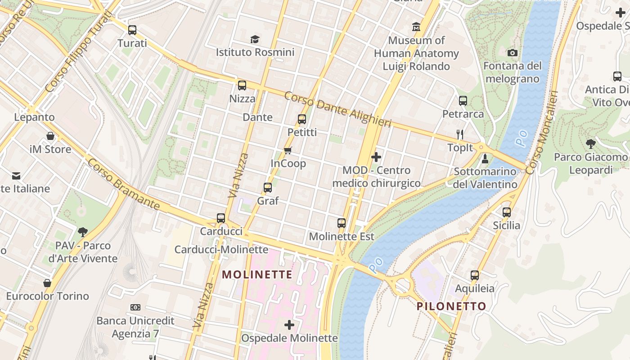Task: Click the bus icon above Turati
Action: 132,30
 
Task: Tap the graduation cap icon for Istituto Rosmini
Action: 255,39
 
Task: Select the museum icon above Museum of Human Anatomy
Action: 416,27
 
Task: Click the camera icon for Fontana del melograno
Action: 512,53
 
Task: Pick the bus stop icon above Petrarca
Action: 463,101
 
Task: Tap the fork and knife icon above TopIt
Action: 460,134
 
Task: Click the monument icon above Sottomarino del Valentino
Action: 485,158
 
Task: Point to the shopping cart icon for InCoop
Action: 288,150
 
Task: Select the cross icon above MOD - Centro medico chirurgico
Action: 376,157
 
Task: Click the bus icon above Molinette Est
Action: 342,223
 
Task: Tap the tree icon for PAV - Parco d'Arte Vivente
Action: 82,232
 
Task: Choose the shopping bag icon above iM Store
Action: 50,136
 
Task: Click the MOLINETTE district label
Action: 257,274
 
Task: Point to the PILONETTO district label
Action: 451,306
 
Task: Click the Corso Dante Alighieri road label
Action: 337,109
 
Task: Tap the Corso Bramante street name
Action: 123,184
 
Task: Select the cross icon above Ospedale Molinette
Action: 289,324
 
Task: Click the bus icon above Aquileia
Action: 475,275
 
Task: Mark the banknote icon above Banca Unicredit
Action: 135,307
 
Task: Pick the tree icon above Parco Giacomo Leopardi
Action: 590,144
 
